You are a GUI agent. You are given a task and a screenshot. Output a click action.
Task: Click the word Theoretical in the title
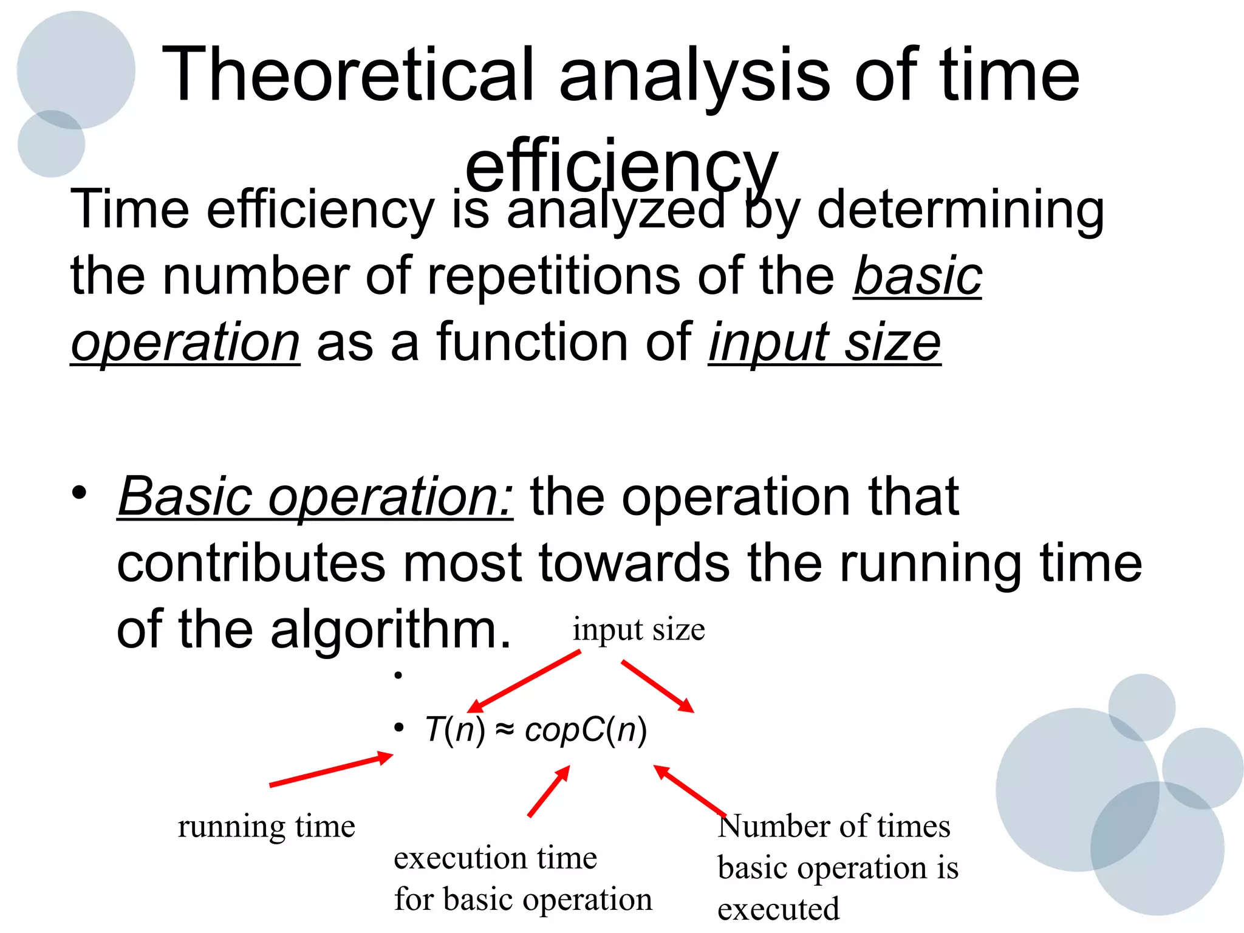346,76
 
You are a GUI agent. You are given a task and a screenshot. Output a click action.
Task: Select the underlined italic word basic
917,276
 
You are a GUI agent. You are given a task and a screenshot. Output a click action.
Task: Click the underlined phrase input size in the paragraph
824,343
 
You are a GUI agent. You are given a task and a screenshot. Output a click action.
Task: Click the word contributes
251,563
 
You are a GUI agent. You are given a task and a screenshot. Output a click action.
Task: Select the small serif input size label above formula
638,629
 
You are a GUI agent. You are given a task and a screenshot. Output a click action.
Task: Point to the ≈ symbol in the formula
505,730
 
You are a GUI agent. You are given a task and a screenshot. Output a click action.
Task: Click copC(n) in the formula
586,730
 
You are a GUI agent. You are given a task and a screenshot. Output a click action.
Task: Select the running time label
266,827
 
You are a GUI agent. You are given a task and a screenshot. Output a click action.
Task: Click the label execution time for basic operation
522,878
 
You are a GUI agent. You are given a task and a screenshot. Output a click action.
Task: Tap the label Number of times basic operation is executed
837,867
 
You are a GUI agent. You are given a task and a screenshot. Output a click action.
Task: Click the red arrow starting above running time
331,770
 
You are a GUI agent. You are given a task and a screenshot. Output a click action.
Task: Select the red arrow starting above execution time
549,791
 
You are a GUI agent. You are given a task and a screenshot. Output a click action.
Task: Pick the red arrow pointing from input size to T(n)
524,681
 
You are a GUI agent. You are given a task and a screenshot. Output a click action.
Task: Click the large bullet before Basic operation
79,493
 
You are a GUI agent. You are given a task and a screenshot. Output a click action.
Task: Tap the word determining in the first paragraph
960,210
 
